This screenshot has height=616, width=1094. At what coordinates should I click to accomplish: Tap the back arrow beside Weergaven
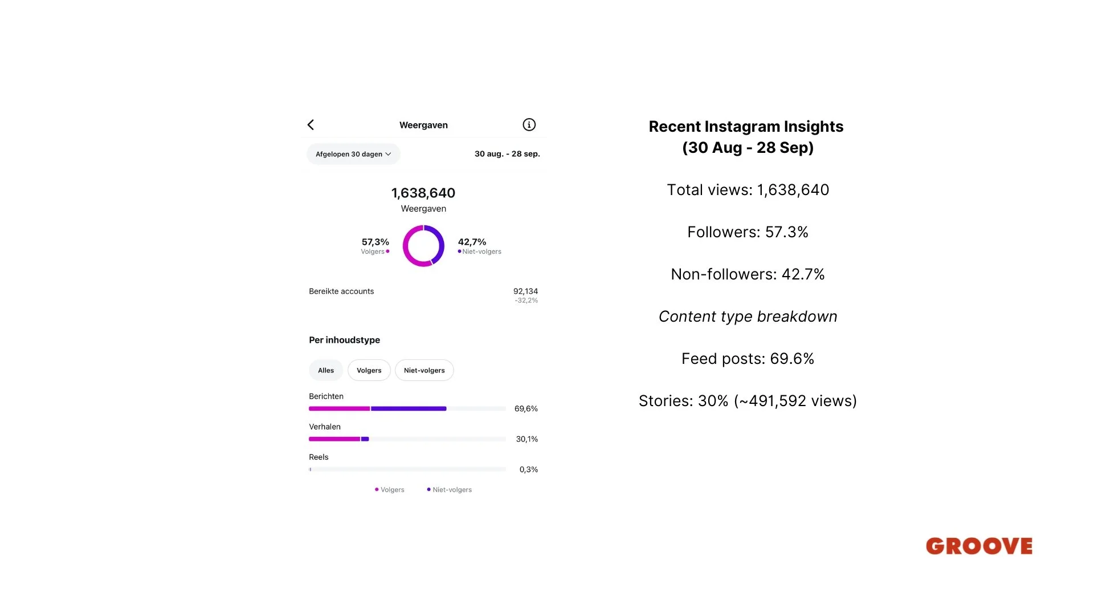(311, 125)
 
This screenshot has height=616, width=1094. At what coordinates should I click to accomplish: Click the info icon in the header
(529, 125)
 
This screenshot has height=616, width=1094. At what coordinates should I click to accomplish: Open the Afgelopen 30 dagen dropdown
(353, 154)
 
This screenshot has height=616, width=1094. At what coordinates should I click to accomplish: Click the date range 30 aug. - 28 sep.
(507, 154)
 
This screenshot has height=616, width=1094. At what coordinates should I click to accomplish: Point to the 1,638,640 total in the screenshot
(423, 193)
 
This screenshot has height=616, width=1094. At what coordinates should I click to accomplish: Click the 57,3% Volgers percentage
(375, 242)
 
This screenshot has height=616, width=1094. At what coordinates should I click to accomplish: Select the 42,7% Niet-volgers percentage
(472, 242)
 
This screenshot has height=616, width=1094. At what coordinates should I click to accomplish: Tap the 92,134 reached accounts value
(525, 291)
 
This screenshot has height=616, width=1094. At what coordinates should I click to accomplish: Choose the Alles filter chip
(326, 370)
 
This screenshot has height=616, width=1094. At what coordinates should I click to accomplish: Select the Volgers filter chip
(369, 370)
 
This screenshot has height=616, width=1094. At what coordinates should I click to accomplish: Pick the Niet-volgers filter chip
(424, 370)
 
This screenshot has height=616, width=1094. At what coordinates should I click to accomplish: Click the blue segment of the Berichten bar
(409, 408)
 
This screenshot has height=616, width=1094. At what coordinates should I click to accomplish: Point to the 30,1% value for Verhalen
(527, 439)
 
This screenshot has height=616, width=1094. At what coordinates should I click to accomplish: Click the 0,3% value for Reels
(529, 469)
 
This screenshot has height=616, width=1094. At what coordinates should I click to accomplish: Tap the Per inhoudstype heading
(344, 340)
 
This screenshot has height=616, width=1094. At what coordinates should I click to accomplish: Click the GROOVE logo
(979, 546)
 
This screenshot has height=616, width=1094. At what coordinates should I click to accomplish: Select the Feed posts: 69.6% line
(748, 359)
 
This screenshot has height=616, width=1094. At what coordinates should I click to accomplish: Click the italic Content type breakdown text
(748, 317)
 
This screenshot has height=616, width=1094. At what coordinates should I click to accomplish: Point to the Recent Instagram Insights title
(746, 127)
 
